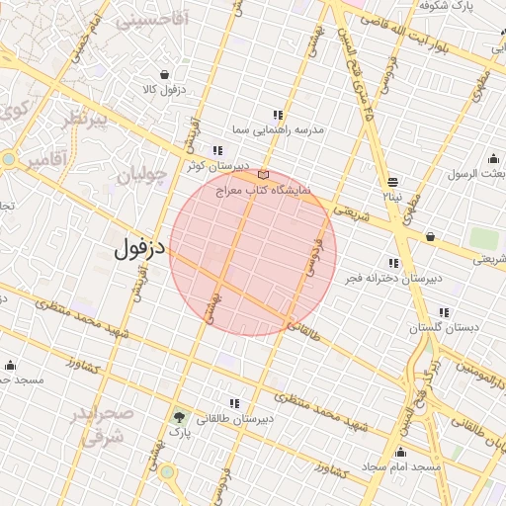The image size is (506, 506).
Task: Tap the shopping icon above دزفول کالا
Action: [163, 74]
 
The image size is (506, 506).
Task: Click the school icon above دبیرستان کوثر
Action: [217, 151]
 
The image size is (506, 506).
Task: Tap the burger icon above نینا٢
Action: [392, 182]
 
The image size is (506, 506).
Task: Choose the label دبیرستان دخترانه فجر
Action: [394, 279]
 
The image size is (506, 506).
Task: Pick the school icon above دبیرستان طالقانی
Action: [234, 403]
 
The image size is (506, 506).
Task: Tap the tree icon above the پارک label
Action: [179, 417]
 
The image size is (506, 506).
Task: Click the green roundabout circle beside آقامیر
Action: [9, 158]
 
